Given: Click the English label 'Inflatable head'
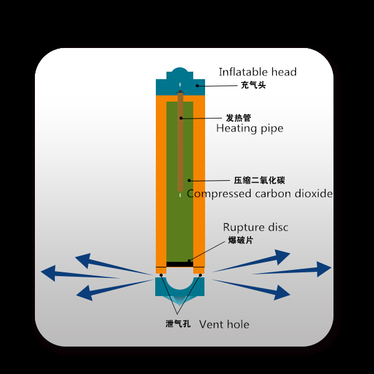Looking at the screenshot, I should pyautogui.click(x=257, y=72).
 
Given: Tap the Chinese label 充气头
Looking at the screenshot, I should pyautogui.click(x=253, y=85).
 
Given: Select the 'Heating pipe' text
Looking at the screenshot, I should pyautogui.click(x=249, y=128).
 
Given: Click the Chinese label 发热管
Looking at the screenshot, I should pyautogui.click(x=237, y=117).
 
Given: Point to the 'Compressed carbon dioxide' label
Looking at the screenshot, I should pyautogui.click(x=260, y=194).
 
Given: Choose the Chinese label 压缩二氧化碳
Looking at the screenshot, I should pyautogui.click(x=259, y=181).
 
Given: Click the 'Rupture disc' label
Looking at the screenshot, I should pyautogui.click(x=256, y=228).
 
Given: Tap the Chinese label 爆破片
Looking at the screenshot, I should pyautogui.click(x=241, y=240).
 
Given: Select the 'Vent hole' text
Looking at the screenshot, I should pyautogui.click(x=224, y=324).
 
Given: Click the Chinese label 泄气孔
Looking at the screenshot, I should pyautogui.click(x=178, y=324).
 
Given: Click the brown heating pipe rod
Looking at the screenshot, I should pyautogui.click(x=180, y=143).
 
